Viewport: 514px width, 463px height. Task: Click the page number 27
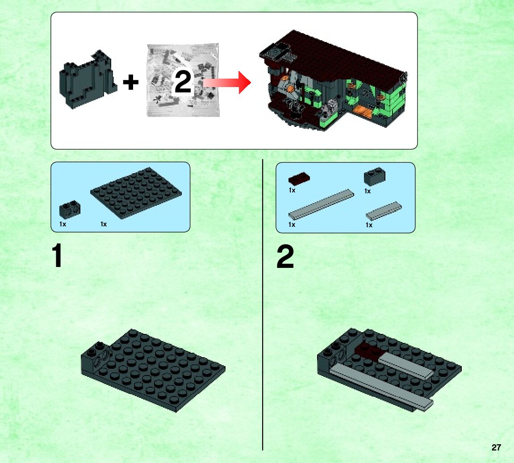(x=496, y=447)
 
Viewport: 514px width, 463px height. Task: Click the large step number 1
(x=57, y=255)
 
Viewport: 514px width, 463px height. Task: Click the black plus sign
(x=130, y=82)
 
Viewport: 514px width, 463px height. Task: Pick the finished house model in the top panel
(x=333, y=81)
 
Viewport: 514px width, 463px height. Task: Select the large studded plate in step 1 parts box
(x=136, y=193)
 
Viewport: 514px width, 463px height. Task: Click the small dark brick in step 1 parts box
(x=70, y=209)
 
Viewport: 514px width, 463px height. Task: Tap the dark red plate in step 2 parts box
(x=299, y=178)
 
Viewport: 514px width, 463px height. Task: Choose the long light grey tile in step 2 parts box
(x=321, y=204)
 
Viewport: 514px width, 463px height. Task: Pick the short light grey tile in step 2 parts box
(x=384, y=211)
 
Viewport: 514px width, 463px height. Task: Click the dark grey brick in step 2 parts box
(x=375, y=177)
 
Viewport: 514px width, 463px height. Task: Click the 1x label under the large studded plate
(x=104, y=224)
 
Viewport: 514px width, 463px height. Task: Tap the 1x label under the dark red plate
(x=292, y=190)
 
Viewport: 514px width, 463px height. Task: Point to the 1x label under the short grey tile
(x=369, y=225)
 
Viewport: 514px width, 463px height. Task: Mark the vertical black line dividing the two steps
(x=263, y=305)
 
